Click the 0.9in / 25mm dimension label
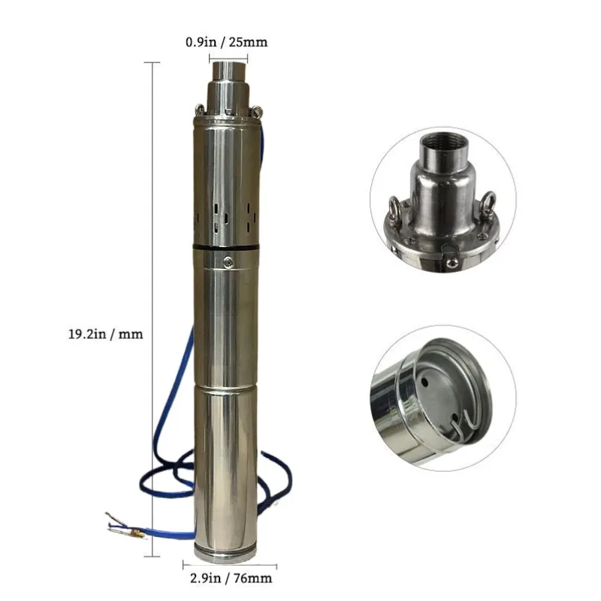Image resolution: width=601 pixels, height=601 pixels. tap(226, 43)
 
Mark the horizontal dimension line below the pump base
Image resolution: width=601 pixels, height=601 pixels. tap(230, 566)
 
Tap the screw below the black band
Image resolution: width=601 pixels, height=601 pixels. tap(228, 261)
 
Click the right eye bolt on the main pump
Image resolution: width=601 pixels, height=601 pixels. tap(257, 112)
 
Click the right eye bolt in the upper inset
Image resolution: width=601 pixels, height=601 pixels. tap(489, 201)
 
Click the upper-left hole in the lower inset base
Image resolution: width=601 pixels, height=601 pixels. tap(426, 382)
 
